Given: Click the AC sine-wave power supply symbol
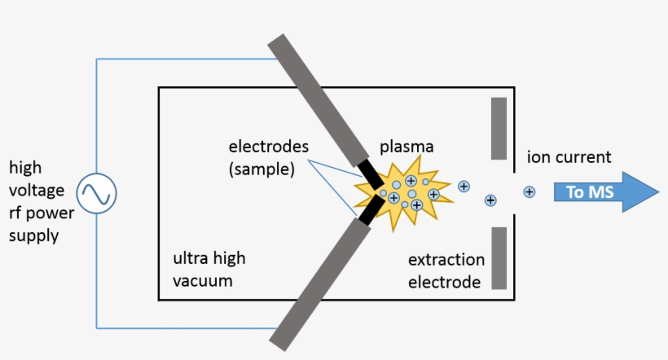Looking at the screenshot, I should (97, 194).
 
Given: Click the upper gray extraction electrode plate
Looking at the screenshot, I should (499, 128).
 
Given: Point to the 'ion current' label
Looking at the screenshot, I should (569, 157).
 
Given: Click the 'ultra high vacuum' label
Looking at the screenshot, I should (209, 270).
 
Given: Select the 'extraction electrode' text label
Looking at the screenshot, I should (446, 271).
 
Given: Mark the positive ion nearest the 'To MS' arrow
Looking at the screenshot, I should (530, 192).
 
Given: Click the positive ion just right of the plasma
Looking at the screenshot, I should (464, 186).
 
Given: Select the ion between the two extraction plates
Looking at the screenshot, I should (490, 200).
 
